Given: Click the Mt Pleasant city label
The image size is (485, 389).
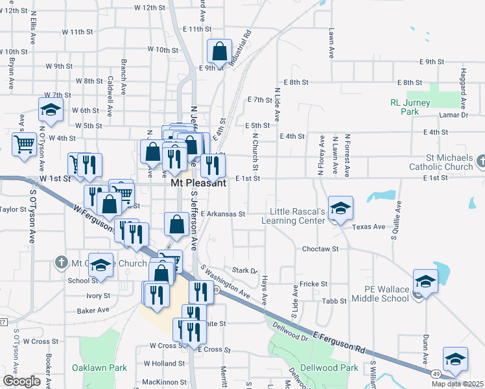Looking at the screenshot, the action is pos(198,183).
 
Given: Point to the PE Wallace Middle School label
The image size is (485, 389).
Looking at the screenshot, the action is pos(381,293).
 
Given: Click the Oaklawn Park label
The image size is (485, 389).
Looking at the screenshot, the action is pos(99,368).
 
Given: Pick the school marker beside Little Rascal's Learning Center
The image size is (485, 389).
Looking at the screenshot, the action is pos(340,207).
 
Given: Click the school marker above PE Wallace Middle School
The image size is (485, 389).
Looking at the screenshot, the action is pos(425,281).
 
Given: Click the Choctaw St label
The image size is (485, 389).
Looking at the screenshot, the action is pos(320,249).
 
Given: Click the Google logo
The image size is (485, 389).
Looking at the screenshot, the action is pos(21,381).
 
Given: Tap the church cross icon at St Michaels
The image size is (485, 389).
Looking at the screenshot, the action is pos(481,160).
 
